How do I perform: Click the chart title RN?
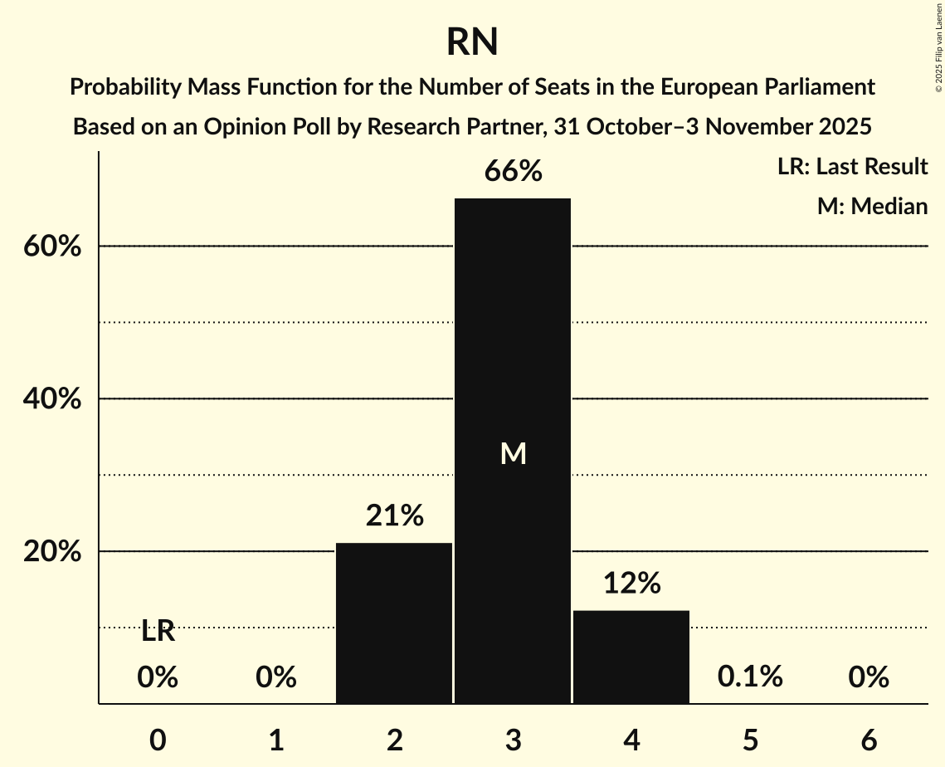pos(472,42)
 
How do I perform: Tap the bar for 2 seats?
pos(394,623)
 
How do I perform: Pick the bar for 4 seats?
pos(631,657)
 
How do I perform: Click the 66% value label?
pos(514,172)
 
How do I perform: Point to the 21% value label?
pos(395,516)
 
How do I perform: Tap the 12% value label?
pos(632,584)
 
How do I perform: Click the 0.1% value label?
pos(750,677)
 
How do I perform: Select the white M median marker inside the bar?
pos(514,453)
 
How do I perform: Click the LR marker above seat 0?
pos(158,632)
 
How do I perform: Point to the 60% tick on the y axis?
pos(52,247)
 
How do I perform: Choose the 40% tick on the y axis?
pos(52,399)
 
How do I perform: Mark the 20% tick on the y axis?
pos(52,552)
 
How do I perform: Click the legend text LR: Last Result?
pos(852,167)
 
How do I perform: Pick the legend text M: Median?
pos(872,206)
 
